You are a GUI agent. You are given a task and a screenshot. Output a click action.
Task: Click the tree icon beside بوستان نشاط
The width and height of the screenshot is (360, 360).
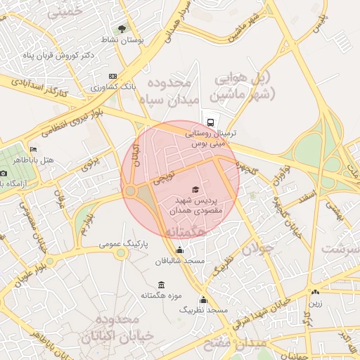pos(122,29)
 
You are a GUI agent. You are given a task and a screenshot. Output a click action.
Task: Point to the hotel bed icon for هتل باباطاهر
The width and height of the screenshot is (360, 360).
pos(33,150)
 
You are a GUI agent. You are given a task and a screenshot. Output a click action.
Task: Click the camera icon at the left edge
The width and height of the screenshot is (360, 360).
pos(4,172)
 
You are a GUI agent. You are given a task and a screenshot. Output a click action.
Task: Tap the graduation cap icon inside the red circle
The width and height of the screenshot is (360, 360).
pos(195,190)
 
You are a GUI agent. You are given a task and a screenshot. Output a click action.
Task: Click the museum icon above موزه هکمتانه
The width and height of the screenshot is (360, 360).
pos(162,285)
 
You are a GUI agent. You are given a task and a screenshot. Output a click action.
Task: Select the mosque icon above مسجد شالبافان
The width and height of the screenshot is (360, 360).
pos(179,250)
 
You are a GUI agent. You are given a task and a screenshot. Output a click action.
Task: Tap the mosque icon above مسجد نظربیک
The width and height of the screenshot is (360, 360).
pos(204,299)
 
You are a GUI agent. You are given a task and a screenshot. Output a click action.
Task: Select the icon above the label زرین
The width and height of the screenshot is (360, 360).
pos(315,292)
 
